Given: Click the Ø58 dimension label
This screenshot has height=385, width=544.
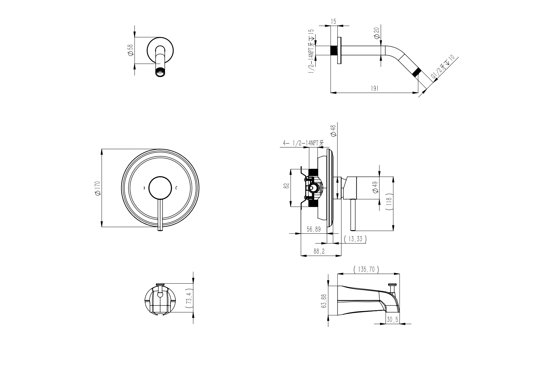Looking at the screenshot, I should pyautogui.click(x=130, y=50).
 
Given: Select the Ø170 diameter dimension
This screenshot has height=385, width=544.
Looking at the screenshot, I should pyautogui.click(x=98, y=188).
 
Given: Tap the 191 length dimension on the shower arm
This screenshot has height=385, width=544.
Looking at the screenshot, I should pyautogui.click(x=375, y=88).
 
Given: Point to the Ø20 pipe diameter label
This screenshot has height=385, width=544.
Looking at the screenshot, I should pyautogui.click(x=377, y=33).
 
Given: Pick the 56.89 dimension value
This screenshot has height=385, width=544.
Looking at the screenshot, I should pyautogui.click(x=314, y=229).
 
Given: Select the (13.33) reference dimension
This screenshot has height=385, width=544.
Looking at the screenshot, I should pyautogui.click(x=355, y=239).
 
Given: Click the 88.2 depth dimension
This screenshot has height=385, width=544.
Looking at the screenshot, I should pyautogui.click(x=319, y=252).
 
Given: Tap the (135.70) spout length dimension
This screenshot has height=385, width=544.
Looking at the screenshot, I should pyautogui.click(x=366, y=270).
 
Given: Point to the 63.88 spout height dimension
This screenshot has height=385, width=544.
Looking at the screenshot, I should pyautogui.click(x=324, y=301).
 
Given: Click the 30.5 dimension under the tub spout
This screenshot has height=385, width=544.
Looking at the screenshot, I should pyautogui.click(x=392, y=320).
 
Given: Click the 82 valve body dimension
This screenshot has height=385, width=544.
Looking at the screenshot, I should pyautogui.click(x=287, y=186).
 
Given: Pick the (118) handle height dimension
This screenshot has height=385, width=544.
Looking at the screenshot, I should pyautogui.click(x=390, y=202).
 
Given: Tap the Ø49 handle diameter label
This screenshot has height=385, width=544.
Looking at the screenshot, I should pyautogui.click(x=376, y=187).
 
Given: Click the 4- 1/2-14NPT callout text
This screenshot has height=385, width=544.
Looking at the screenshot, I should pyautogui.click(x=303, y=143).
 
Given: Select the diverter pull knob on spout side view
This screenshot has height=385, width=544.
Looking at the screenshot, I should pyautogui.click(x=393, y=285).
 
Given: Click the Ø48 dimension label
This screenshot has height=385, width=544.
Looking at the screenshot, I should pyautogui.click(x=333, y=131).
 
